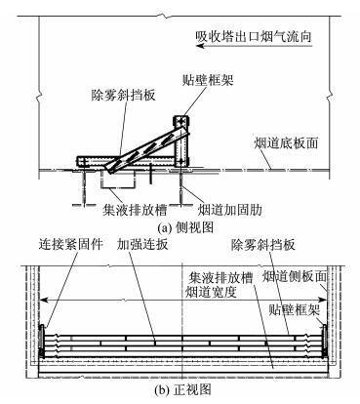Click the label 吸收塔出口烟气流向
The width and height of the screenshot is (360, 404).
click(x=254, y=36)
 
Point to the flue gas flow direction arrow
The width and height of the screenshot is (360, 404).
click(x=255, y=46)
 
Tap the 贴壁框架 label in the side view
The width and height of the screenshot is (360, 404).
click(x=208, y=79)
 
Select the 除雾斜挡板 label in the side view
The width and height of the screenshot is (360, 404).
click(x=123, y=95)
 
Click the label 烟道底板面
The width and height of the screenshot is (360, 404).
click(x=286, y=143)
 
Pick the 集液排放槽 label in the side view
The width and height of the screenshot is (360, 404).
click(x=135, y=210)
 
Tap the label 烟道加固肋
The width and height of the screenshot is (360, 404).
click(x=230, y=210)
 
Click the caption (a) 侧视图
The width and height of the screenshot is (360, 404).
click(x=185, y=227)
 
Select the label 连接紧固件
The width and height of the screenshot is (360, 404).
click(x=71, y=244)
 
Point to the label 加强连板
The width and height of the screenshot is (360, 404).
click(x=142, y=244)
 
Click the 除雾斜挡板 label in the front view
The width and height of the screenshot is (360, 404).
click(x=263, y=244)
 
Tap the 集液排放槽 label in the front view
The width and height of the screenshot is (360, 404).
click(x=220, y=278)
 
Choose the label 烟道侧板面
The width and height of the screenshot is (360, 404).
click(x=295, y=277)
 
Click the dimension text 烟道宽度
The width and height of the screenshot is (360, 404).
click(x=211, y=292)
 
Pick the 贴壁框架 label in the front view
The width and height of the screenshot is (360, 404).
click(x=295, y=310)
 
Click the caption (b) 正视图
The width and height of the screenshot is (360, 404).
click(x=183, y=389)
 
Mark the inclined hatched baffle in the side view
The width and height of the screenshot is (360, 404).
click(x=147, y=147)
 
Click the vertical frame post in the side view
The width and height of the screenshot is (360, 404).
click(x=180, y=141)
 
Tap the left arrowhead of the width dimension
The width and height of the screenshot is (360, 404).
click(x=44, y=301)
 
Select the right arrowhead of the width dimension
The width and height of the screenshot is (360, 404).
click(x=323, y=301)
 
